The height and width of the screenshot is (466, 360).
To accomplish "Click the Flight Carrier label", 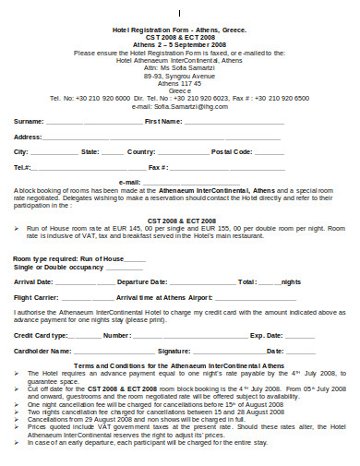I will (x=37, y=298).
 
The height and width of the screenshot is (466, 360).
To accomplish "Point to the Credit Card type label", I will (x=41, y=336).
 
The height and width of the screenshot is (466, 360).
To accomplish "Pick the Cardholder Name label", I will (x=42, y=352).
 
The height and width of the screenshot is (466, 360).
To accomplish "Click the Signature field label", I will (x=174, y=352).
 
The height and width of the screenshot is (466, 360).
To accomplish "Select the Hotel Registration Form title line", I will (x=179, y=30).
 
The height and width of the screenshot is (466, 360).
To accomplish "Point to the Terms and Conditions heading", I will (x=179, y=365).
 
